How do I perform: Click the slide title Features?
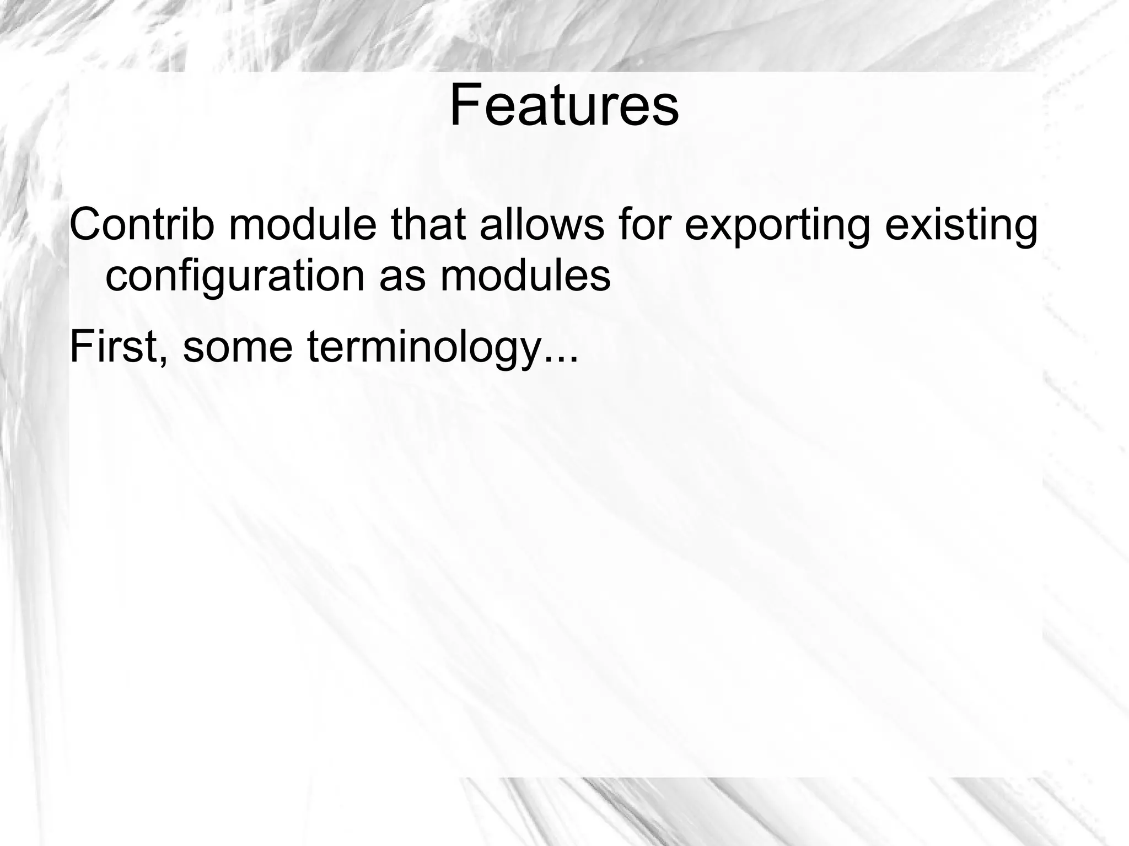point(564,106)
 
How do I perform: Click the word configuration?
point(235,277)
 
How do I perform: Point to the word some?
point(237,347)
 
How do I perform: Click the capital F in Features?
point(464,106)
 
